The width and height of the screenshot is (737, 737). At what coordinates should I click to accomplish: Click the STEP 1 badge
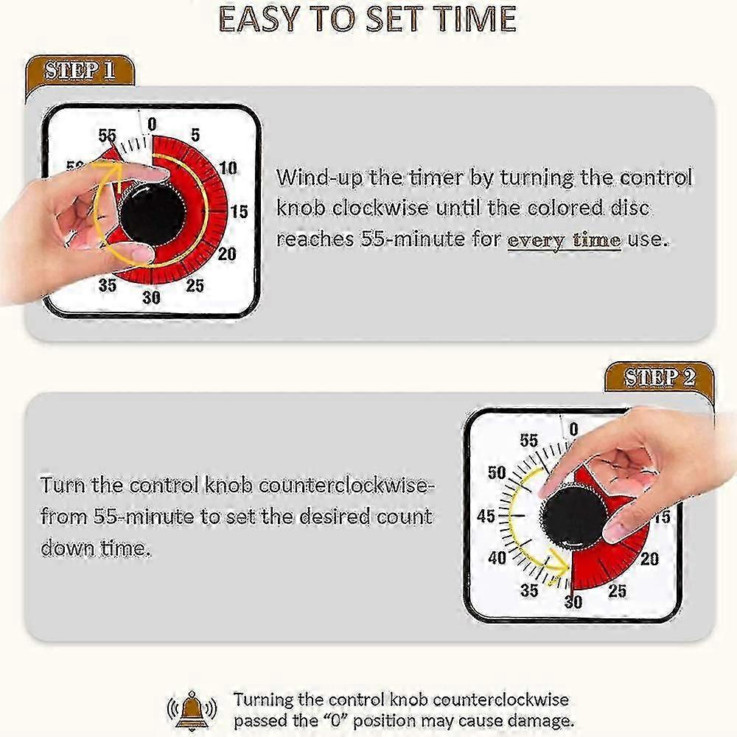[x=80, y=71]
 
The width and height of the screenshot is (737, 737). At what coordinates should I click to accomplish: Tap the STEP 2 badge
[x=660, y=377]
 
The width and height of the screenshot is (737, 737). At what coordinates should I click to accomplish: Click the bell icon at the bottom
[x=192, y=710]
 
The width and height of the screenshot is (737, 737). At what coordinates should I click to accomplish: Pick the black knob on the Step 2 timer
[x=574, y=518]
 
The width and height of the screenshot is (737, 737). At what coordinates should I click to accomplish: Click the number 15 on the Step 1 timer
[x=239, y=212]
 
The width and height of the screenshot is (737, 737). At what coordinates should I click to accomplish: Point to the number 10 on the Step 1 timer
[x=228, y=168]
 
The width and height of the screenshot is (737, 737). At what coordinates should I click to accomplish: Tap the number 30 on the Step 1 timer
[x=151, y=297]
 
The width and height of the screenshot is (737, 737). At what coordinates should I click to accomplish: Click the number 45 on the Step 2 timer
[x=486, y=516]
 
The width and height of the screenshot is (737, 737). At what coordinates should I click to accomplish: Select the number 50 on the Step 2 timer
[x=496, y=472]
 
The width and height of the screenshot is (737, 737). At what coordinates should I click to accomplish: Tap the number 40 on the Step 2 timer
[x=497, y=558]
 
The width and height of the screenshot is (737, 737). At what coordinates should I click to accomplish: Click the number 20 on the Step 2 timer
[x=649, y=559]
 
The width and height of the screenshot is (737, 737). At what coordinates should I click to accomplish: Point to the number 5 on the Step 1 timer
[x=195, y=135]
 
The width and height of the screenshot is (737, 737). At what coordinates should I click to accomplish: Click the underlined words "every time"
[x=564, y=240]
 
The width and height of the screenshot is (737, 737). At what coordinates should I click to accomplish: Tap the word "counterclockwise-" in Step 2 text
[x=344, y=485]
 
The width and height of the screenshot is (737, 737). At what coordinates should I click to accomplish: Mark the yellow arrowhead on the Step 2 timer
[x=559, y=563]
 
